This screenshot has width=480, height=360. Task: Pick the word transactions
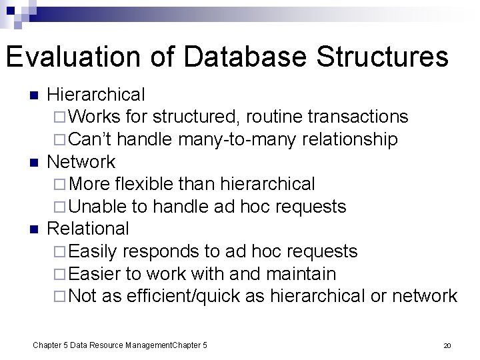(359, 117)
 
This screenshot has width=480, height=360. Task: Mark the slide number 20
(447, 345)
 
